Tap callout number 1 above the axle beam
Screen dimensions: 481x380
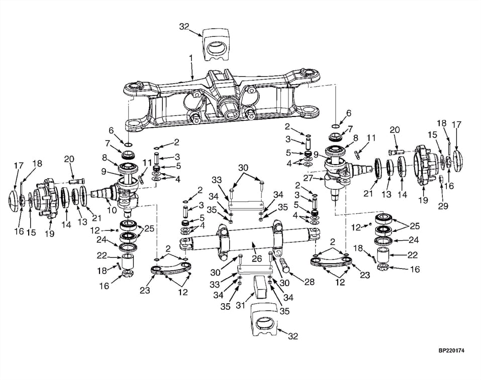191,57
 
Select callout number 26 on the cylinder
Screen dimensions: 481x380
257,259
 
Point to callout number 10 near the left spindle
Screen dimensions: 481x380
112,210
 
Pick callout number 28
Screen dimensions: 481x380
309,282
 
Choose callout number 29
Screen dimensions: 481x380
443,206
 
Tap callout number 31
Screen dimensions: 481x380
241,305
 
